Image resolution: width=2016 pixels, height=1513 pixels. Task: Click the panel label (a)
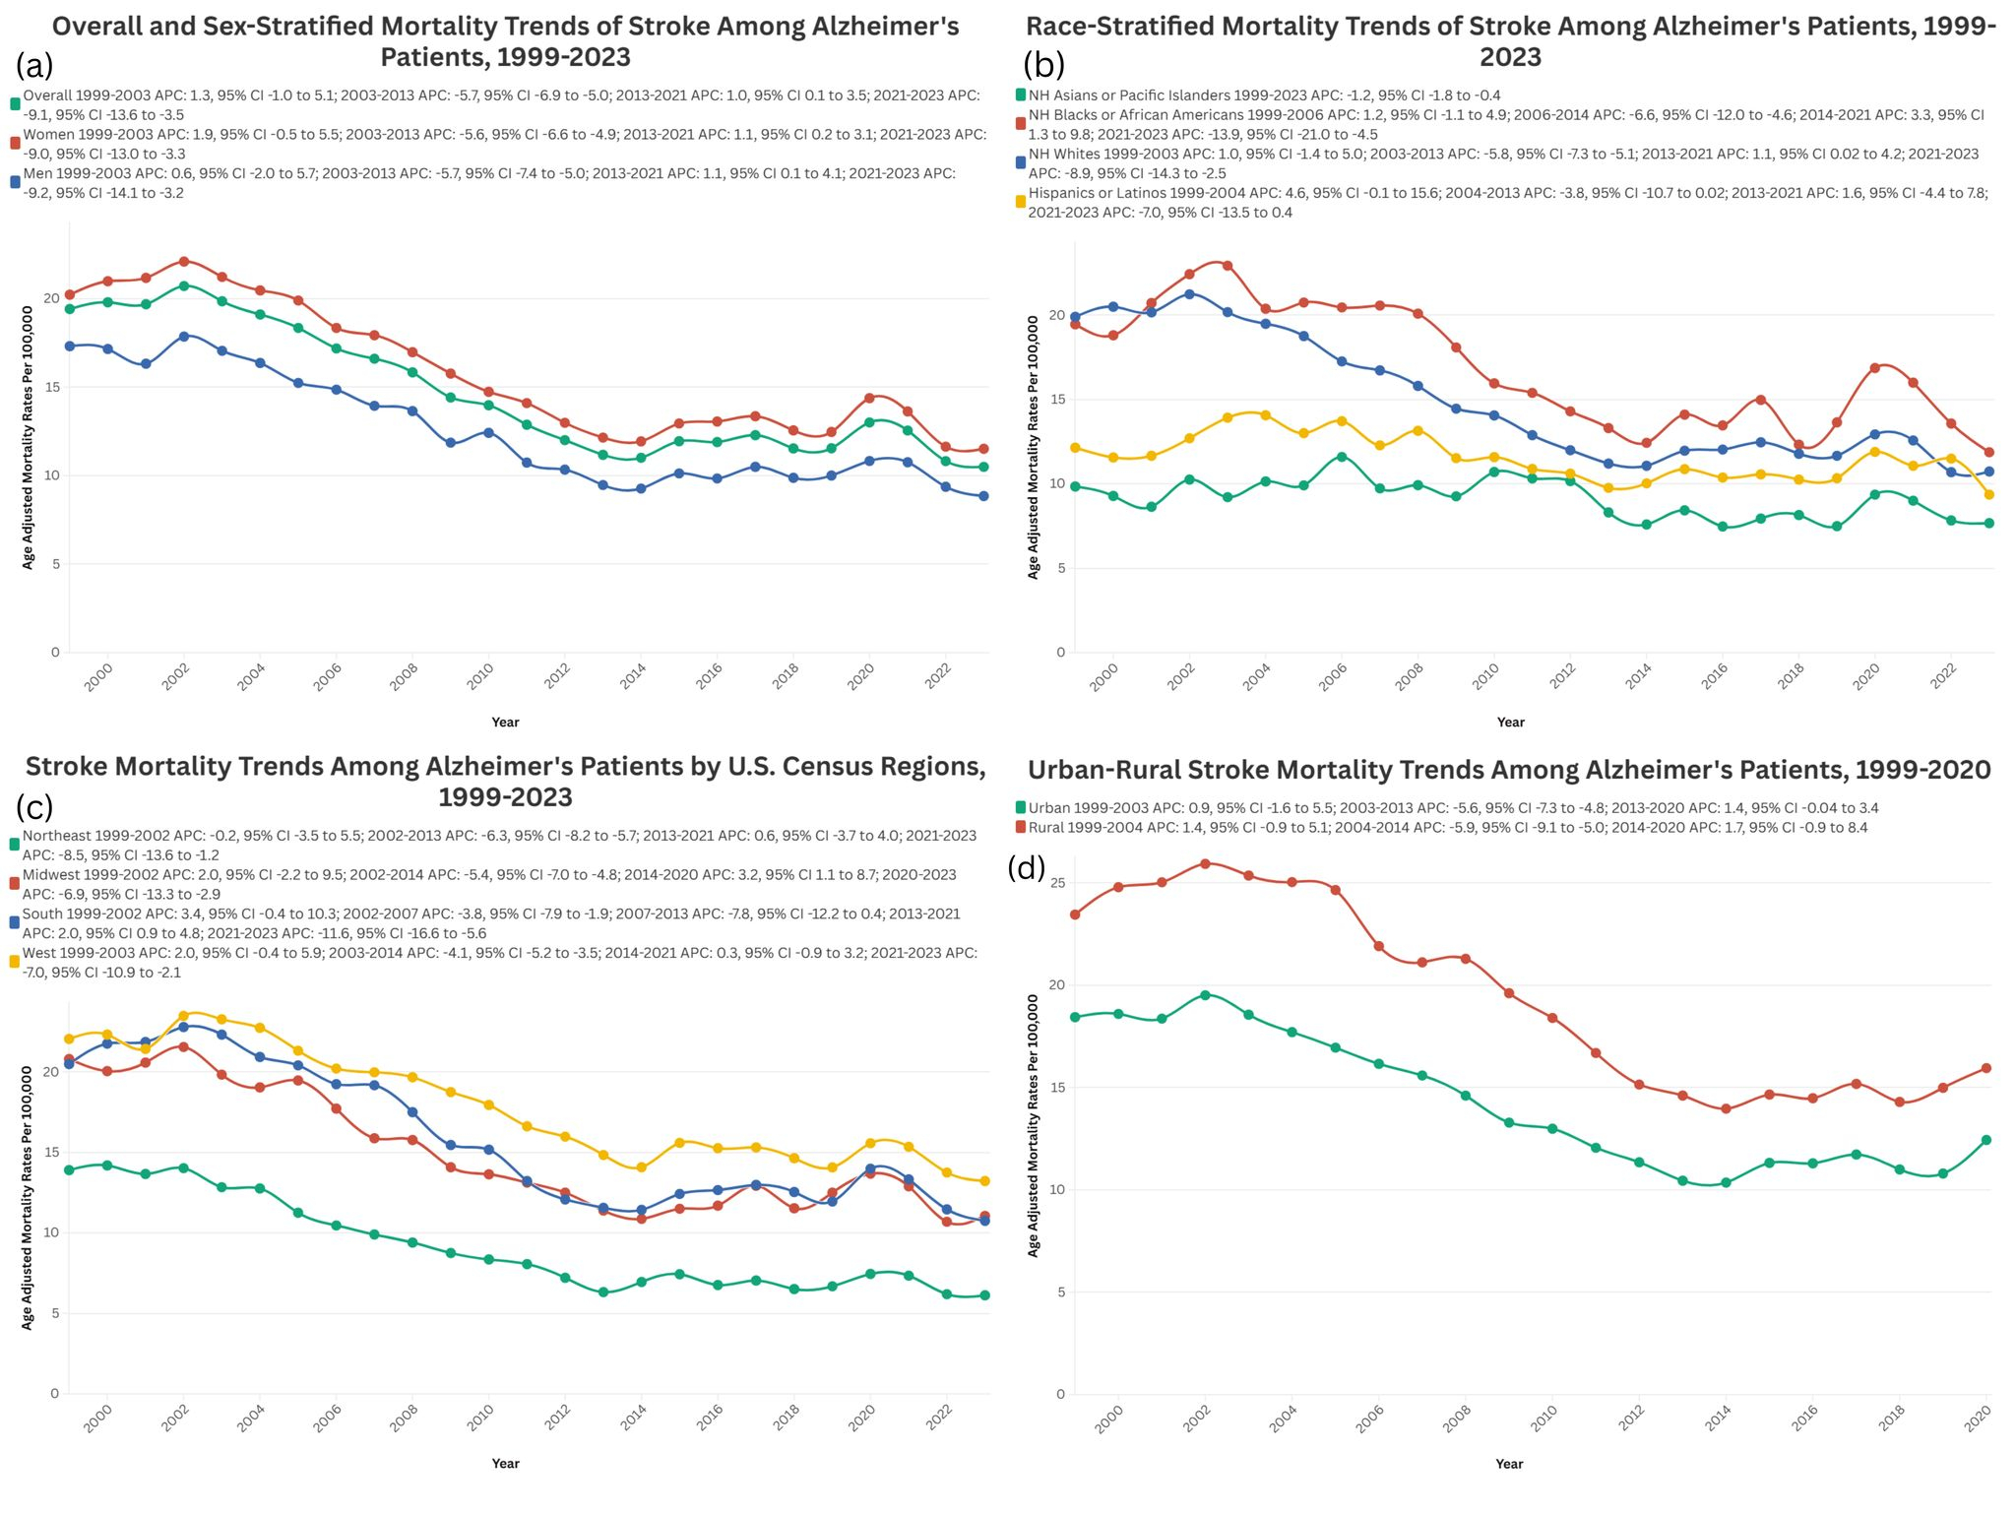click(34, 66)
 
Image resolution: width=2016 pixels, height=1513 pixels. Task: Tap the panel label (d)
click(1028, 867)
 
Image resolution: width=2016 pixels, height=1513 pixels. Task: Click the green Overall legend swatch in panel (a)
click(15, 103)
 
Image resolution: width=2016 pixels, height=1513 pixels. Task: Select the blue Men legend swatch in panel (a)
click(15, 182)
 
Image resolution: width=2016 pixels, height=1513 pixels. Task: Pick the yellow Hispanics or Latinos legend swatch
click(1021, 202)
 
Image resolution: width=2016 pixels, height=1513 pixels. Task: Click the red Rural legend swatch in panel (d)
click(1021, 828)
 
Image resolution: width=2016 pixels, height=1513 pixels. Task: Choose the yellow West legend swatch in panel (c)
click(15, 962)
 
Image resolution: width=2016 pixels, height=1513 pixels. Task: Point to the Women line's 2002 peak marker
click(183, 262)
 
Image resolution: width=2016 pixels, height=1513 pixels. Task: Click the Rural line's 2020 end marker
click(1986, 1068)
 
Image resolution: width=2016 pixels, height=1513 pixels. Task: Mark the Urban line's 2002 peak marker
click(1205, 995)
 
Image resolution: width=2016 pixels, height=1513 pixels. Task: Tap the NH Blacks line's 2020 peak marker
click(1874, 368)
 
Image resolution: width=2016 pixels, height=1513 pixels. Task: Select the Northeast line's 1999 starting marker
click(69, 1169)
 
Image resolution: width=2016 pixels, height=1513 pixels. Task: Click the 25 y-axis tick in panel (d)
click(1058, 883)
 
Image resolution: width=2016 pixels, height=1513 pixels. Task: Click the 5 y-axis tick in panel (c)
click(54, 1313)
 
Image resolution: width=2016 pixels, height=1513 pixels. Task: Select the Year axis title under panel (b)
click(1510, 723)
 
